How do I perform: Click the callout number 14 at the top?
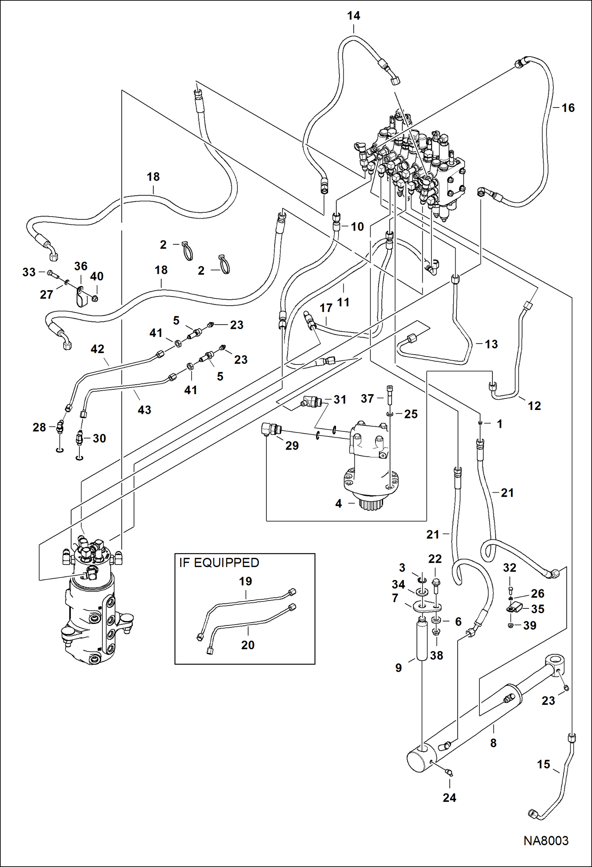tap(353, 16)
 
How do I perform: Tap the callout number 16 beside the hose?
tap(568, 108)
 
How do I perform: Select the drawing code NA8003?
tap(546, 841)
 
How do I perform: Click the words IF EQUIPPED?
tap(219, 563)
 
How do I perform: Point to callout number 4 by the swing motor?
tap(338, 503)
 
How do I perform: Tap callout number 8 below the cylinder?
tap(493, 743)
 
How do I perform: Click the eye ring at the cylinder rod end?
tap(555, 661)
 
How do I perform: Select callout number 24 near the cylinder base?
tap(449, 797)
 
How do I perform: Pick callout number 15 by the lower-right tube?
tap(543, 764)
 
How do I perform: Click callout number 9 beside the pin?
tap(398, 667)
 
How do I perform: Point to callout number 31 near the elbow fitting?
tap(340, 399)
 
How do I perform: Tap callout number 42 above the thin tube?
tap(97, 349)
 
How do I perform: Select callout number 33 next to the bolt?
tap(29, 272)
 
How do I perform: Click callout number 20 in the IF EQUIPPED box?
tap(247, 645)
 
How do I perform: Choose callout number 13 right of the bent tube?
tap(491, 344)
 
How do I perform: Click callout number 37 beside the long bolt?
tap(367, 398)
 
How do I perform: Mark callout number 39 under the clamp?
tap(530, 625)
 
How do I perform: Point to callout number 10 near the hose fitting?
tap(357, 227)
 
